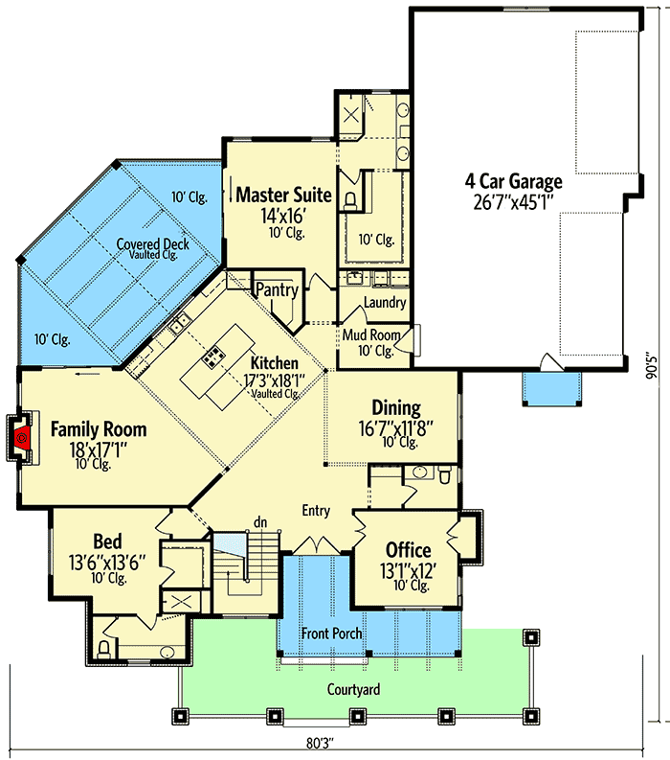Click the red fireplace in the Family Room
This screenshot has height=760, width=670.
point(23,438)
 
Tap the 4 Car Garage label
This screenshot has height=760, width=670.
point(513,181)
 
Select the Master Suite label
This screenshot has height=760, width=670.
point(283,196)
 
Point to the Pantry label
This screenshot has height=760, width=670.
point(277,289)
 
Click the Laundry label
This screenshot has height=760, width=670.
point(385,303)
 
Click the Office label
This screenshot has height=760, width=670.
point(408,550)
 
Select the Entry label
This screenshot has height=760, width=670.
point(317,510)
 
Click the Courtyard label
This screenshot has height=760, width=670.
point(355,689)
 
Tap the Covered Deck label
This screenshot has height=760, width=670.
point(152,243)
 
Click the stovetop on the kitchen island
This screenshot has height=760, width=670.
point(211,361)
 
